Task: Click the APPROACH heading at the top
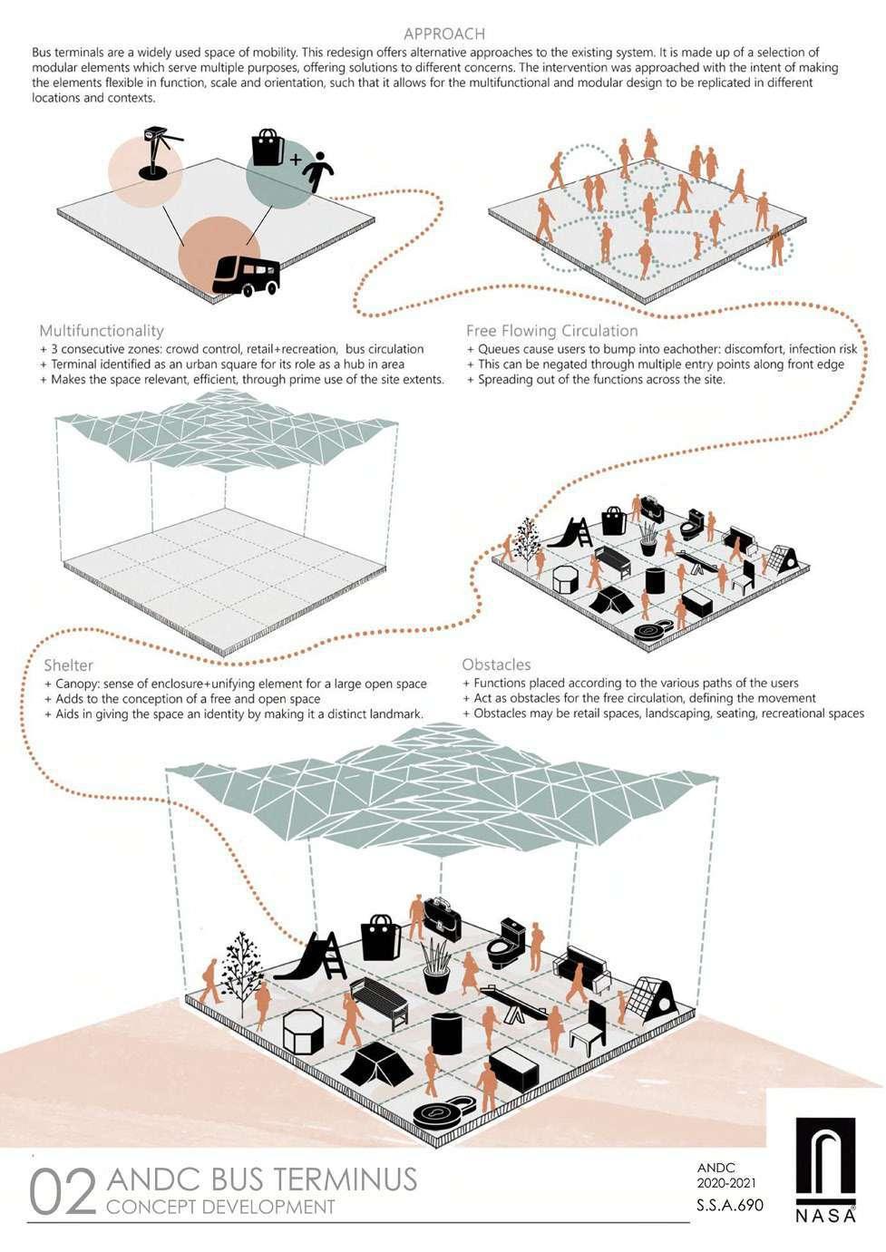pyautogui.click(x=444, y=34)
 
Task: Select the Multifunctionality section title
pyautogui.click(x=102, y=331)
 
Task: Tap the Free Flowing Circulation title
pyautogui.click(x=551, y=331)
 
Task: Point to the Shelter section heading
pyautogui.click(x=68, y=665)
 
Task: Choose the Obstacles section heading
pyautogui.click(x=496, y=665)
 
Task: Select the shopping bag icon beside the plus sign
pyautogui.click(x=268, y=147)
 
